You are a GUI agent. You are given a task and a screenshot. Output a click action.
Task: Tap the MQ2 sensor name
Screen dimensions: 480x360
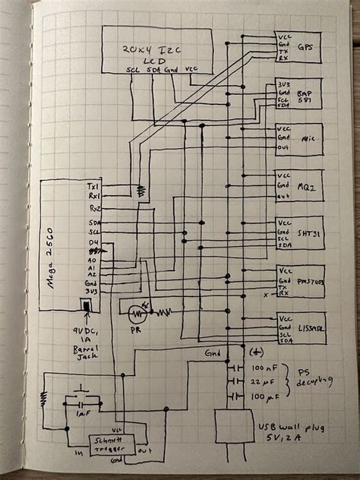click(x=307, y=185)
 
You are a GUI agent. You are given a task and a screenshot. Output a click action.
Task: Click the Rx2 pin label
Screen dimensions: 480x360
click(x=95, y=207)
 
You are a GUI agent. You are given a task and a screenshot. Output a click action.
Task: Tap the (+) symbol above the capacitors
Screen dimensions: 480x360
click(x=257, y=353)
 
